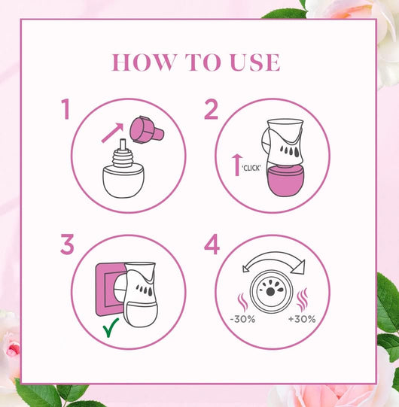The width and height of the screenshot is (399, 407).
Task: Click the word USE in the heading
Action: pos(255,62)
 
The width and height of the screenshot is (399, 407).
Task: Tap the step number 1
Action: pos(66,109)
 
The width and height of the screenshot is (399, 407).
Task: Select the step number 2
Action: pos(211,109)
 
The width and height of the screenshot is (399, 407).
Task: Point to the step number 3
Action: pos(67,244)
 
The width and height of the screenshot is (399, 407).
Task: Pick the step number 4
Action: pos(212,244)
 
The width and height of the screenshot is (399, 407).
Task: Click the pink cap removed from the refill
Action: pos(147,129)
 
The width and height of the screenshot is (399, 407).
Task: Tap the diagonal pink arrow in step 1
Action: pos(112,132)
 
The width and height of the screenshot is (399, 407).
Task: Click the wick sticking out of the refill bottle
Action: pos(123,144)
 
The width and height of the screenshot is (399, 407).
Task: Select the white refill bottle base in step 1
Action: pos(123,182)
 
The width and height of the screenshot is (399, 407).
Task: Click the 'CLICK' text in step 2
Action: pos(251,169)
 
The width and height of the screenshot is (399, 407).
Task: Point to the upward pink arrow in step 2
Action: pos(237,165)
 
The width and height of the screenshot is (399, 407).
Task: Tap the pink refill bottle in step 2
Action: pos(286,181)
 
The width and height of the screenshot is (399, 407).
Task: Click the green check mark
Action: pos(111,327)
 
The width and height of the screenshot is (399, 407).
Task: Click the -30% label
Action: pos(242,319)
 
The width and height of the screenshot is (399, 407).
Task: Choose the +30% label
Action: pos(302,319)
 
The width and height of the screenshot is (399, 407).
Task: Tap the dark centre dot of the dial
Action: pos(270,291)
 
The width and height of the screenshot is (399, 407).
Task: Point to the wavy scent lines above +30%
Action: pos(302,299)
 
